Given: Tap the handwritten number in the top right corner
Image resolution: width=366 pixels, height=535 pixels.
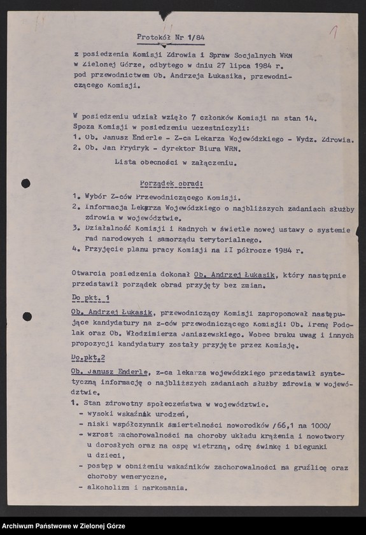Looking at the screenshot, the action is (332, 30).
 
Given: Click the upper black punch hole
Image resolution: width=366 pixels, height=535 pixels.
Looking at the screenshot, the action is (25, 183).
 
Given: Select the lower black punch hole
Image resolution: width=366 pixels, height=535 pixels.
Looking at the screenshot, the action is (27, 317).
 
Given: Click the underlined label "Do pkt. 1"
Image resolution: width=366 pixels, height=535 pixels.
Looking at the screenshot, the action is (91, 298).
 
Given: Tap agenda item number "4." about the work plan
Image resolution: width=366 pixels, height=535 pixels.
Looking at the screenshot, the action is (74, 250).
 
